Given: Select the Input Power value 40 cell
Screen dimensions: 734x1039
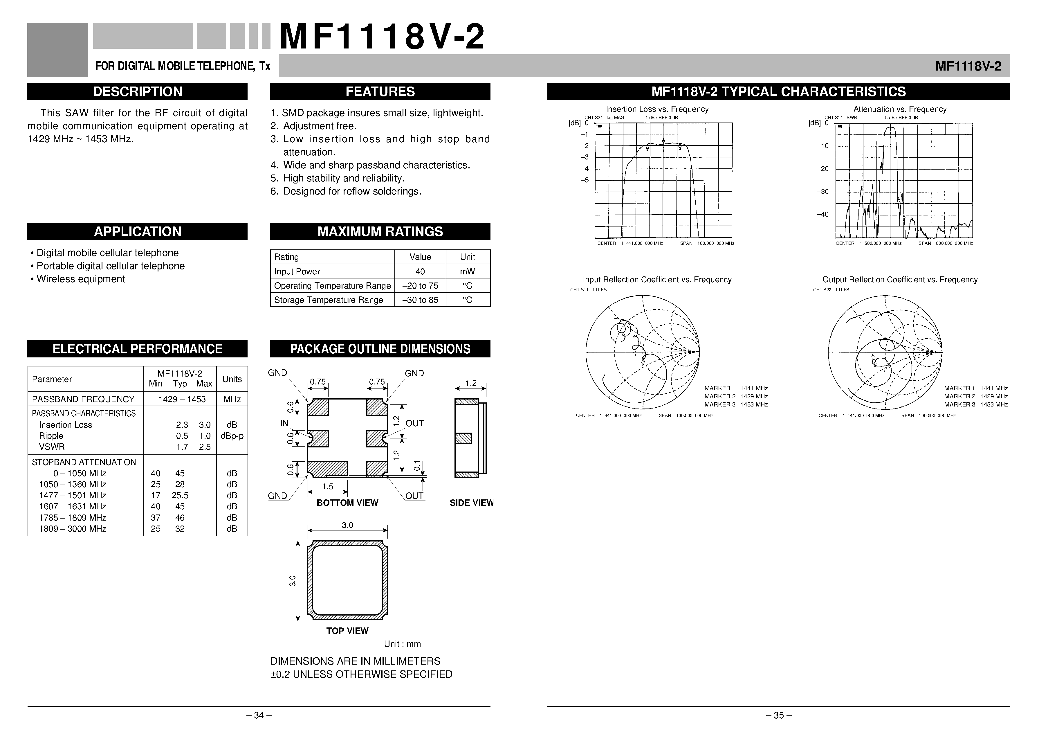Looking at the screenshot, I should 420,271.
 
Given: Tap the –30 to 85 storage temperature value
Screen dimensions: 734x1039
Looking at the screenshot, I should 420,300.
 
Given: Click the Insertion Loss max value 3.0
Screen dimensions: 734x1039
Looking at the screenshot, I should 205,425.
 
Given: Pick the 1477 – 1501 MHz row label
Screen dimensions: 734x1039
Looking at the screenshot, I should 72,495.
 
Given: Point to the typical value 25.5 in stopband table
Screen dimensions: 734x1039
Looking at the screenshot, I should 180,495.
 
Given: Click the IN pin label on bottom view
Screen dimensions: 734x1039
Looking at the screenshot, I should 284,423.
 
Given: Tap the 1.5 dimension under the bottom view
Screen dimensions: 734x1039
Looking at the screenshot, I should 328,486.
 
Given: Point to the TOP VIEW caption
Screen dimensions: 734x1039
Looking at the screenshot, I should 347,631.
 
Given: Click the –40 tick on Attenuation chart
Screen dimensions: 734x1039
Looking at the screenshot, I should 822,214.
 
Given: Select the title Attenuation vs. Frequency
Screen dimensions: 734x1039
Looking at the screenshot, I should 900,109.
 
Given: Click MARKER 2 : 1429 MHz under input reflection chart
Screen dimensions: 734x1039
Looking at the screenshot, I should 736,396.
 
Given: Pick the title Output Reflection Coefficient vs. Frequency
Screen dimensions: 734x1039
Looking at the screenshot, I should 900,280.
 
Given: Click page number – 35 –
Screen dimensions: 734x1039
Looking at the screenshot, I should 778,715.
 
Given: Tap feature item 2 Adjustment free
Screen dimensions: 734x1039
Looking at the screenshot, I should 320,126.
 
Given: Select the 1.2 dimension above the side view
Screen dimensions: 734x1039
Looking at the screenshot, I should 471,383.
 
